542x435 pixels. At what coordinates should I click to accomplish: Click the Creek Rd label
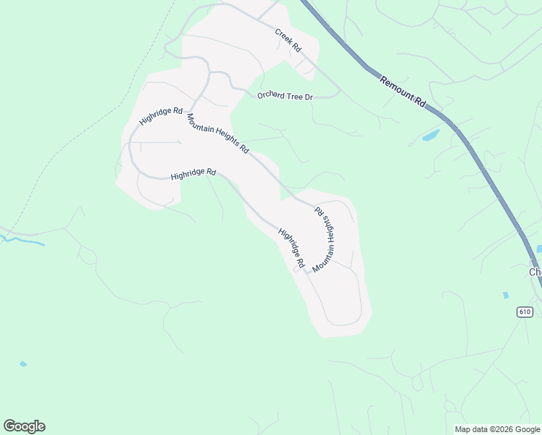288,39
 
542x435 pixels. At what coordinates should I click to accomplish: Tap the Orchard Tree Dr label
285,96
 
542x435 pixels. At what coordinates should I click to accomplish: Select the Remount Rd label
403,92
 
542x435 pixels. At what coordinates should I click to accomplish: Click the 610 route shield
525,312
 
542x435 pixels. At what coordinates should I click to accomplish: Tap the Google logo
24,426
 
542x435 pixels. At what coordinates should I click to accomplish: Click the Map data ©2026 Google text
497,429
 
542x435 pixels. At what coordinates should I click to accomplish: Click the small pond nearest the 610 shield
506,296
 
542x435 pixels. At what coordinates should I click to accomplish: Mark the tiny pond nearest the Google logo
24,364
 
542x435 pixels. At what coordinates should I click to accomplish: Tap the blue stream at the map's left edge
22,240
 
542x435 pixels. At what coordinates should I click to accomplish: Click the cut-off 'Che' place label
535,272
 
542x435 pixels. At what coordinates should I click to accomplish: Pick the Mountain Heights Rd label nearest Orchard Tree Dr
218,133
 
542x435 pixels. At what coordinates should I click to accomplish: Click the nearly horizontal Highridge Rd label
193,175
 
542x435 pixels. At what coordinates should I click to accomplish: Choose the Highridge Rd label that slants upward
161,116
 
